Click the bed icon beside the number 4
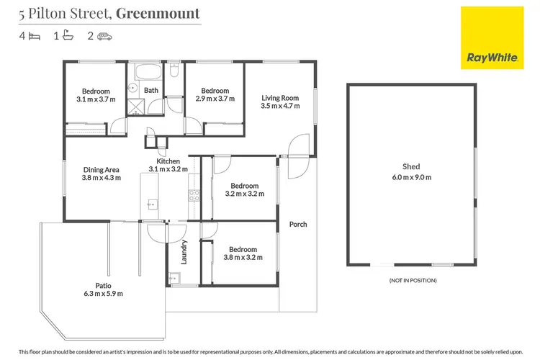tap(35, 35)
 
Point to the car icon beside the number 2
tap(105, 35)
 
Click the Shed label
tap(411, 164)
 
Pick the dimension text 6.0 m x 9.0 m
tap(411, 176)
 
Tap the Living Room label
tap(279, 97)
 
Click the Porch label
tap(298, 224)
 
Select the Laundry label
tap(184, 251)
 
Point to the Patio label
tap(104, 285)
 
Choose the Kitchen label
tap(168, 161)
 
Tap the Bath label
tap(151, 90)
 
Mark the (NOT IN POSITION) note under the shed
tap(413, 280)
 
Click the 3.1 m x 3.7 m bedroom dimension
tap(96, 100)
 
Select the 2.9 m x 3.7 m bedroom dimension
tap(215, 100)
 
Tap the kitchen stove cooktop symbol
tap(192, 194)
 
